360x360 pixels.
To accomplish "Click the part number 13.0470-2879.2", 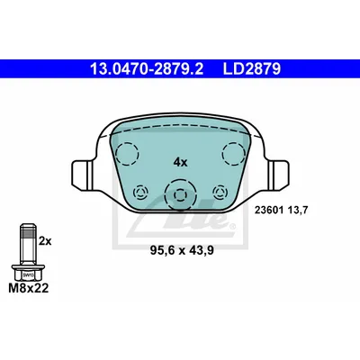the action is pyautogui.click(x=147, y=68).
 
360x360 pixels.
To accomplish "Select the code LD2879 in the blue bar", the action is pyautogui.click(x=251, y=68).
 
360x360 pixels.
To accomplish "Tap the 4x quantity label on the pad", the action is pyautogui.click(x=180, y=163).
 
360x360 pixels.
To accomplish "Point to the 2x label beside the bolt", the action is pyautogui.click(x=45, y=241).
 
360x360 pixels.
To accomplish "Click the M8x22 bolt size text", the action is pyautogui.click(x=29, y=288).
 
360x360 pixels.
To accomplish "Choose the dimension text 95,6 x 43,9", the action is pyautogui.click(x=182, y=250).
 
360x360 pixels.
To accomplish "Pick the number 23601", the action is pyautogui.click(x=269, y=211).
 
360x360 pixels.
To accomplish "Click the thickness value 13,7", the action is pyautogui.click(x=298, y=211).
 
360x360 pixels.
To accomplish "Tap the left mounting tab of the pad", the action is pyautogui.click(x=81, y=175).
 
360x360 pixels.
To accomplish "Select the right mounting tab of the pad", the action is pyautogui.click(x=279, y=175).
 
